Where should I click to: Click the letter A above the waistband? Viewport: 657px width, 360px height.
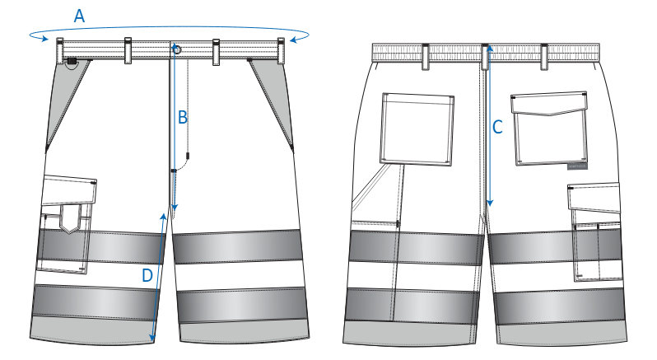79,16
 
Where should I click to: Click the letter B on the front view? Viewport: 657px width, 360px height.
182,117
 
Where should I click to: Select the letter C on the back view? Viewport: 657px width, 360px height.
497,127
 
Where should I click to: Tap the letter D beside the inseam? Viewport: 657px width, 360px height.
147,276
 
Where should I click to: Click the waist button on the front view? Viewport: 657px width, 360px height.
176,50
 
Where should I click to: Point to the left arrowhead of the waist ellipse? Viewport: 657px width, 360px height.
43,39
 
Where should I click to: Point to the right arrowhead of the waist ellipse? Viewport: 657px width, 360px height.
295,40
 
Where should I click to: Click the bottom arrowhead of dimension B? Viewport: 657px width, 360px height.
175,208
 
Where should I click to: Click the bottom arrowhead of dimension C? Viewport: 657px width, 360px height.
489,203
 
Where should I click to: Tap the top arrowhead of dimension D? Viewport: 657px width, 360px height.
163,217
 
